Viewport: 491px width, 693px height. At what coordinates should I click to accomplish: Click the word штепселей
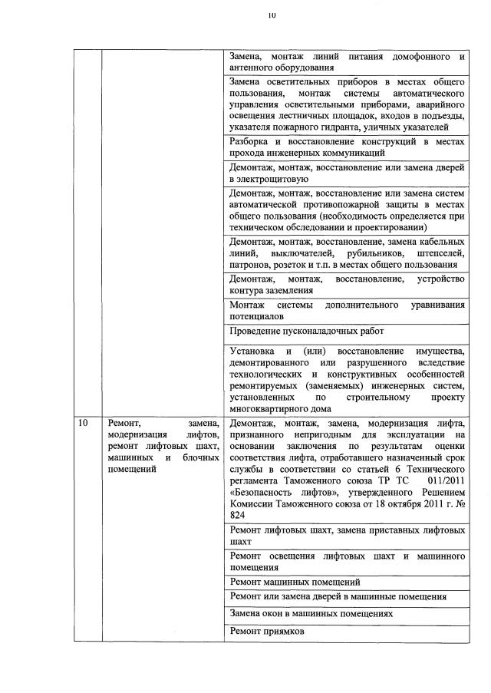pos(440,252)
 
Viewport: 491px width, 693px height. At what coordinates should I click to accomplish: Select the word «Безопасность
pos(265,493)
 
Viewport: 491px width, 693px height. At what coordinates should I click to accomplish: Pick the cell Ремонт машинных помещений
pos(295,582)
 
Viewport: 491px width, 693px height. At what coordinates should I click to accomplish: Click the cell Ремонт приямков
pos(266,631)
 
